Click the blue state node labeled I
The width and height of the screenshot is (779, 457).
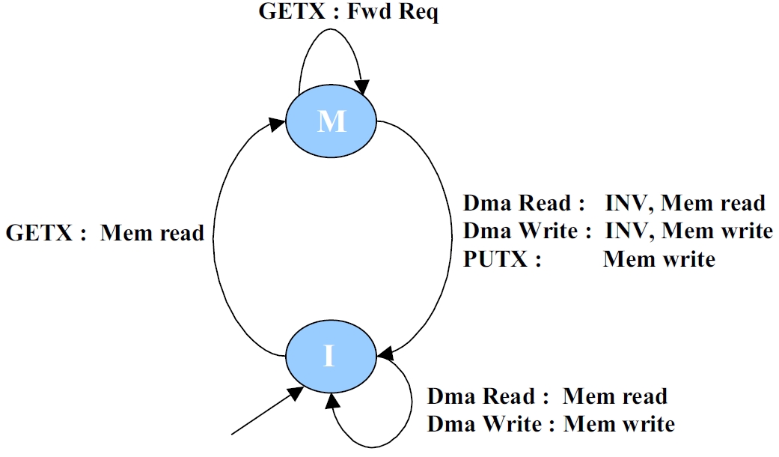[x=329, y=356]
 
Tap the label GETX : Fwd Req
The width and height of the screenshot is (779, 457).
[x=348, y=13]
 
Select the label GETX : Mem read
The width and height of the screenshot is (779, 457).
[x=105, y=233]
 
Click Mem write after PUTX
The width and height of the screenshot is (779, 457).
[x=659, y=259]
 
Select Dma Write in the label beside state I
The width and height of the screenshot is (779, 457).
[x=485, y=425]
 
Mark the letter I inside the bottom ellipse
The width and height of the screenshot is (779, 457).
[x=329, y=357]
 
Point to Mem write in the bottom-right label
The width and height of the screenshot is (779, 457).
[x=619, y=425]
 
